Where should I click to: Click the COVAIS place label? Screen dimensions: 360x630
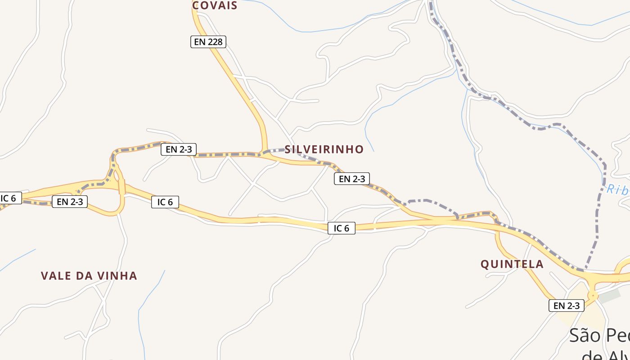click(x=214, y=5)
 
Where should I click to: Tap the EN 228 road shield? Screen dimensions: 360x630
click(x=207, y=42)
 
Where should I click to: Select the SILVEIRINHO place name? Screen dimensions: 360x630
click(x=324, y=149)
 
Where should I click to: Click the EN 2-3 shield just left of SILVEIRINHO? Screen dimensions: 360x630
click(x=179, y=149)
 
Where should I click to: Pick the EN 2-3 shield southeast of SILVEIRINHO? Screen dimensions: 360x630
click(x=351, y=179)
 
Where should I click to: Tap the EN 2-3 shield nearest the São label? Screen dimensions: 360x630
click(x=566, y=306)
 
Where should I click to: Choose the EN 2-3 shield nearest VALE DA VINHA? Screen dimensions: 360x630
click(x=70, y=202)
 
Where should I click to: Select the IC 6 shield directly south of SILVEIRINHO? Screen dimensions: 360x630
click(x=341, y=228)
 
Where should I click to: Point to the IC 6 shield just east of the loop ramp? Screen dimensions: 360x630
click(x=165, y=202)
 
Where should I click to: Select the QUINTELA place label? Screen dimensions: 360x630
click(x=512, y=264)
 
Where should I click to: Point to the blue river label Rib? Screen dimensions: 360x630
click(x=617, y=189)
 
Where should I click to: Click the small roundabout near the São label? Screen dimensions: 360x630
click(x=593, y=296)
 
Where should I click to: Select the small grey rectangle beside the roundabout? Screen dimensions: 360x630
click(x=609, y=296)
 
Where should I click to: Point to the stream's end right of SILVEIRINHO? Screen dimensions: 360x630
click(x=373, y=151)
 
